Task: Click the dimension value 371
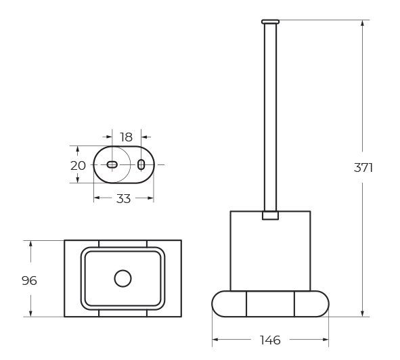click(x=363, y=168)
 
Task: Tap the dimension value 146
click(x=270, y=340)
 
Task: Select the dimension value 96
click(x=29, y=281)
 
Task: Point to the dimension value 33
click(x=123, y=198)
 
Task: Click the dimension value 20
click(x=78, y=166)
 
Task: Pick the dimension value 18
click(x=127, y=137)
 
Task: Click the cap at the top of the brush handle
click(x=270, y=22)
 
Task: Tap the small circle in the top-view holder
click(x=123, y=278)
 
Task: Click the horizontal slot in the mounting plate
click(x=112, y=165)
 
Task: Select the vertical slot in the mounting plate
click(x=141, y=164)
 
